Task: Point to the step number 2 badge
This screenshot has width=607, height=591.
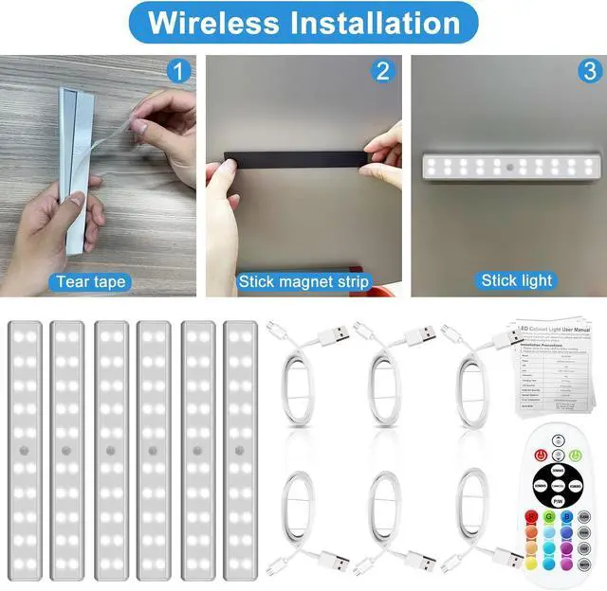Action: tap(384, 70)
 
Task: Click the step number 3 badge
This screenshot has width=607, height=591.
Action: tap(589, 70)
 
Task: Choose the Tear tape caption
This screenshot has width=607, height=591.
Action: tap(91, 281)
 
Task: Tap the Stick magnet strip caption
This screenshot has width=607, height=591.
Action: tap(304, 281)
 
